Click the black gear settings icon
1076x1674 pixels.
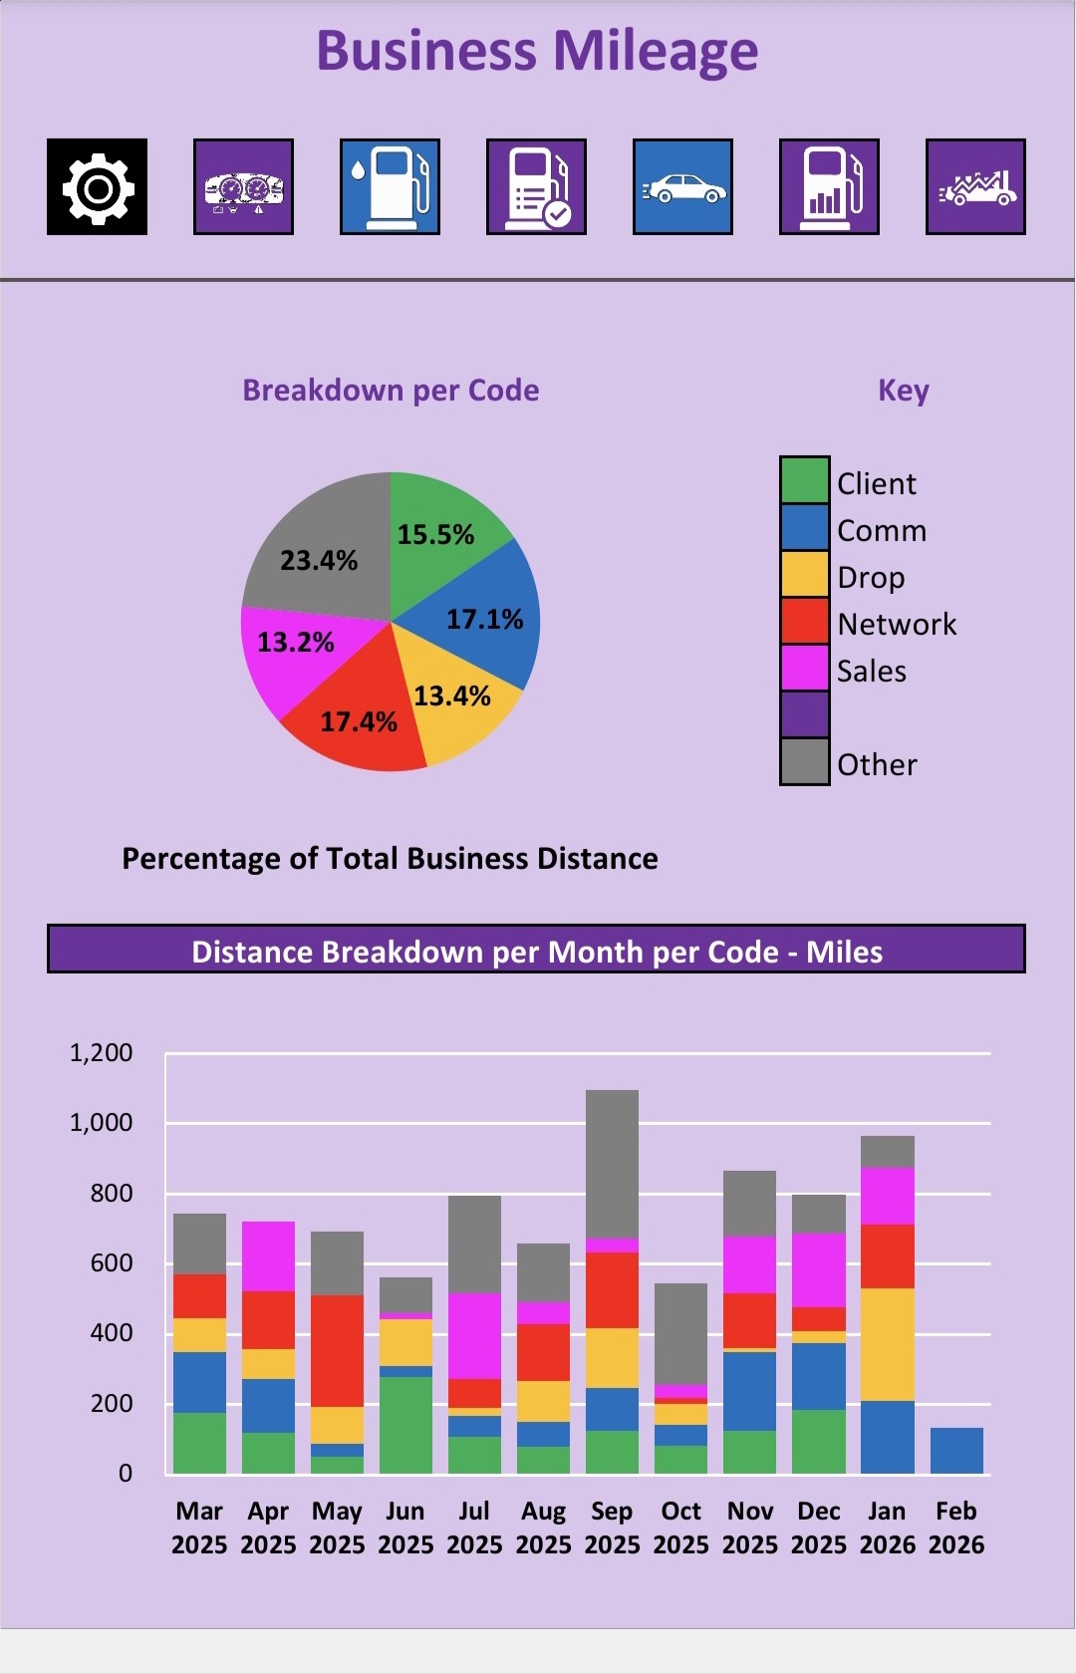97,187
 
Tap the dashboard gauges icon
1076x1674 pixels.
243,187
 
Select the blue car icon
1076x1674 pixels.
682,187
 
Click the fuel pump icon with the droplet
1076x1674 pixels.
390,187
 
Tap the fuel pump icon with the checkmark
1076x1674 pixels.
536,187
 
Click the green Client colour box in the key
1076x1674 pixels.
804,481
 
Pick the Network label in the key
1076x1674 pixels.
897,624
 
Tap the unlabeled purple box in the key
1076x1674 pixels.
804,714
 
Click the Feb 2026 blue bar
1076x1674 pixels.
956,1451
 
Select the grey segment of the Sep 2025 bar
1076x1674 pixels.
612,1164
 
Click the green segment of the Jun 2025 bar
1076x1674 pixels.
405,1425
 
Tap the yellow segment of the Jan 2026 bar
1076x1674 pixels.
887,1344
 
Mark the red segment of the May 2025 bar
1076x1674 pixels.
337,1350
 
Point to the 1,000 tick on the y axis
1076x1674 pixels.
101,1123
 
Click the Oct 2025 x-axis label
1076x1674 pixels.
681,1528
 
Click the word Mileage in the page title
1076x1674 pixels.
655,52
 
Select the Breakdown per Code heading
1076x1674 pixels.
391,390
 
